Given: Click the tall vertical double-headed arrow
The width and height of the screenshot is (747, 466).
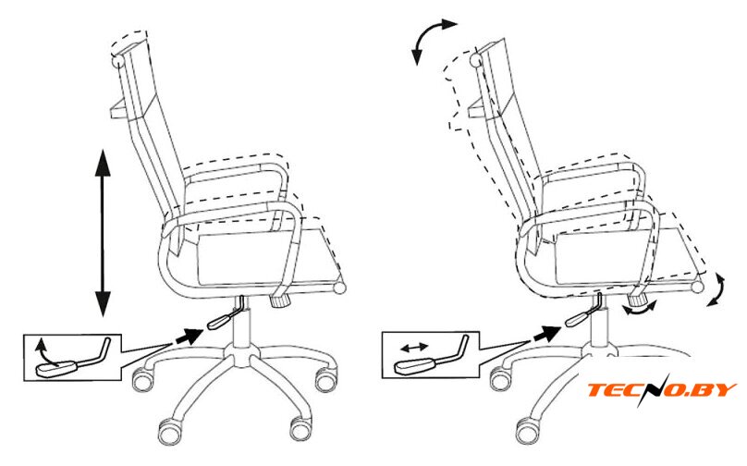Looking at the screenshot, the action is pyautogui.click(x=103, y=233).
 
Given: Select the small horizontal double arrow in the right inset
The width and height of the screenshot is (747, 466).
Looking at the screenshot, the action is pyautogui.click(x=414, y=348).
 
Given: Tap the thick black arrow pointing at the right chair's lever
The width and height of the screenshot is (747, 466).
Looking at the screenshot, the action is pyautogui.click(x=545, y=334).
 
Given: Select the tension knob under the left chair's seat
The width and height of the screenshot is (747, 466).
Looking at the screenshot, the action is pyautogui.click(x=279, y=301).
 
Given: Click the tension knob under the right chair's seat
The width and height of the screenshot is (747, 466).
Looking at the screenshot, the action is pyautogui.click(x=636, y=300).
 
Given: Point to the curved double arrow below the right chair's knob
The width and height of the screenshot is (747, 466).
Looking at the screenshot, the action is pyautogui.click(x=641, y=310).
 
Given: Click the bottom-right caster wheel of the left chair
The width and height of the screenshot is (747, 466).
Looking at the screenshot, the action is pyautogui.click(x=301, y=428).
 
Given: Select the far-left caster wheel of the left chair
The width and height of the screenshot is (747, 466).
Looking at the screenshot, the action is pyautogui.click(x=143, y=379).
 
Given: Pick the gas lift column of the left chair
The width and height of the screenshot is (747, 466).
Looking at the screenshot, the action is pyautogui.click(x=242, y=324).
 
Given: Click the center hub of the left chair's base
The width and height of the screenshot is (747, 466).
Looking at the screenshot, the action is pyautogui.click(x=243, y=355).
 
